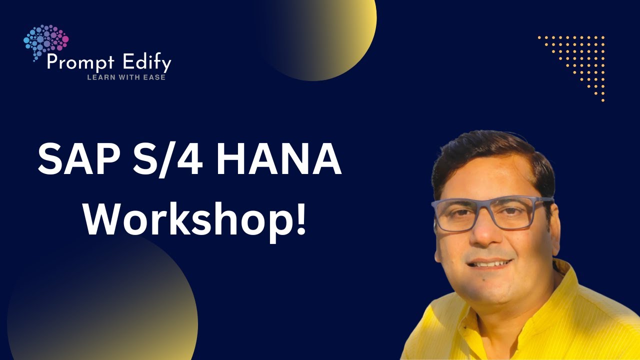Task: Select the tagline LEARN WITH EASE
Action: [x=126, y=77]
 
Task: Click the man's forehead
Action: [x=487, y=185]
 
